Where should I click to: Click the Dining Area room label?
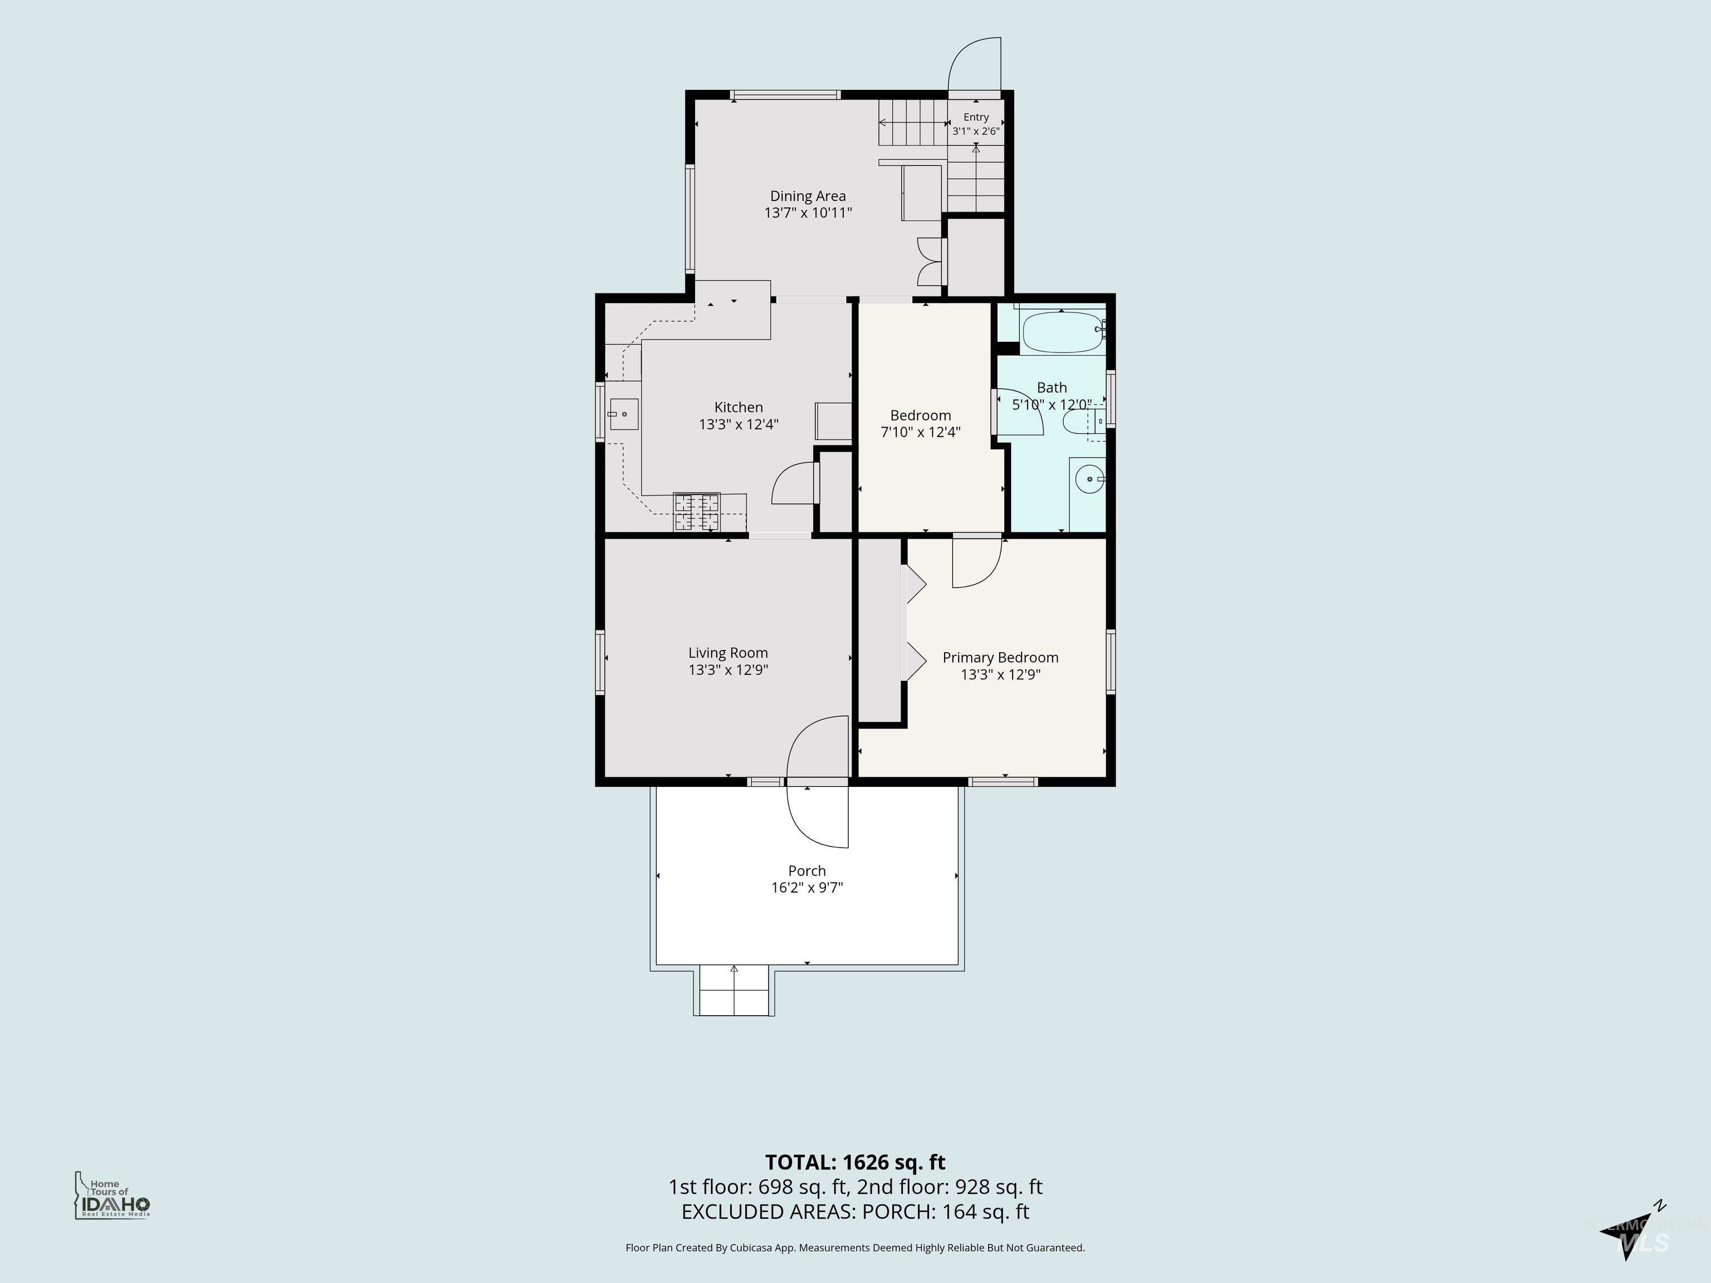click(808, 197)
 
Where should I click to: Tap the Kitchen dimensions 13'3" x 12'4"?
click(739, 424)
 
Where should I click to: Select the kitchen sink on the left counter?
click(623, 414)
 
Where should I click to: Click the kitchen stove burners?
click(697, 512)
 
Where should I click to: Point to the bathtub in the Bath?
click(1063, 332)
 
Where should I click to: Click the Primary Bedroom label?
click(1000, 657)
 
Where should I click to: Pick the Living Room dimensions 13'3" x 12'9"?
click(728, 670)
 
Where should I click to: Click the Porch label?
click(807, 871)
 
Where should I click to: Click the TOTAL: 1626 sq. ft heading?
click(855, 1162)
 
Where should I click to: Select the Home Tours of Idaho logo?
click(112, 1196)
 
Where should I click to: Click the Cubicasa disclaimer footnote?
click(855, 1247)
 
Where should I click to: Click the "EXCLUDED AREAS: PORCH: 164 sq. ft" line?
click(855, 1212)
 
